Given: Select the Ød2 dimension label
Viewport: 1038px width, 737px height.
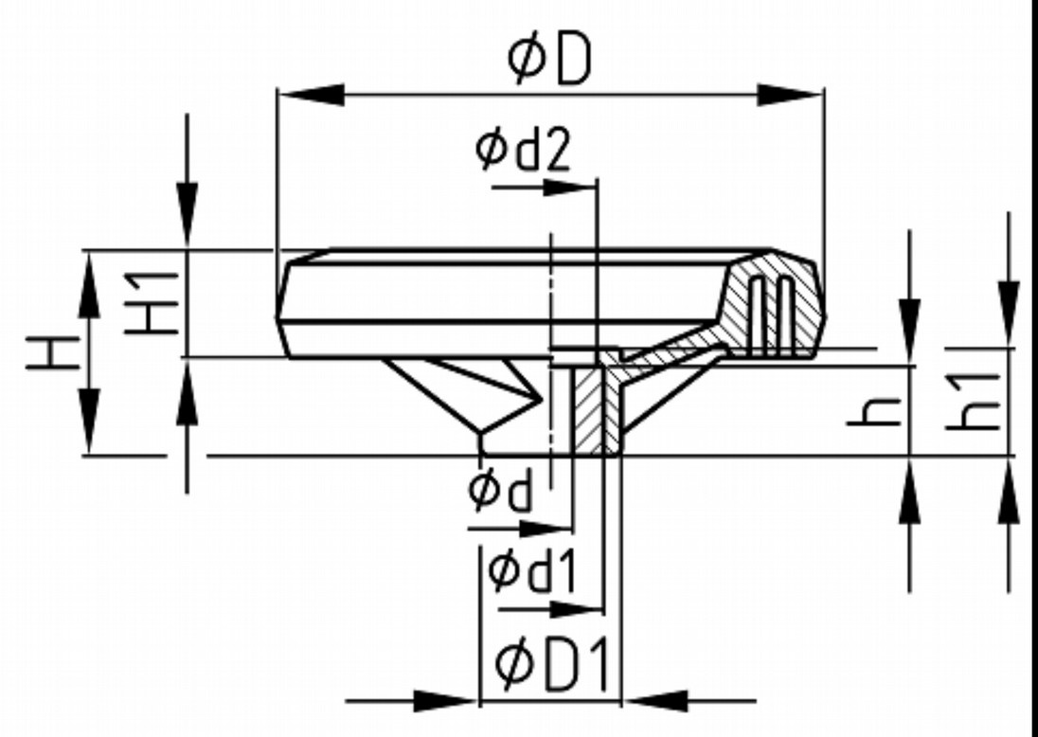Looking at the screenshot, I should click(x=524, y=150).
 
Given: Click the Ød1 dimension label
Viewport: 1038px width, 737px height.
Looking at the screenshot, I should click(x=532, y=569).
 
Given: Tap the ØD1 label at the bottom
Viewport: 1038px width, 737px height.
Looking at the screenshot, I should click(x=551, y=657).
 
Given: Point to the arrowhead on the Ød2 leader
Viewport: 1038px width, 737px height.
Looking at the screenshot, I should click(x=568, y=186).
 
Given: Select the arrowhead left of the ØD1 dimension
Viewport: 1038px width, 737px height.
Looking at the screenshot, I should click(x=445, y=702).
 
